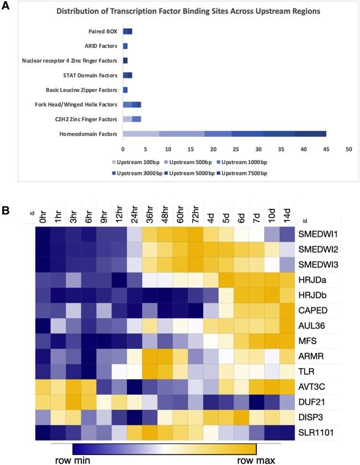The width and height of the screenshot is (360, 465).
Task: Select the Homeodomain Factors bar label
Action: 88,133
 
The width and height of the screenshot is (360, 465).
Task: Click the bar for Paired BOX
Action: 127,32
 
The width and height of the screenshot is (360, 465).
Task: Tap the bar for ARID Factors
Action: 125,46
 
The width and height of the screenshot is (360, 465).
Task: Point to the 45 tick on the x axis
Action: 326,149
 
